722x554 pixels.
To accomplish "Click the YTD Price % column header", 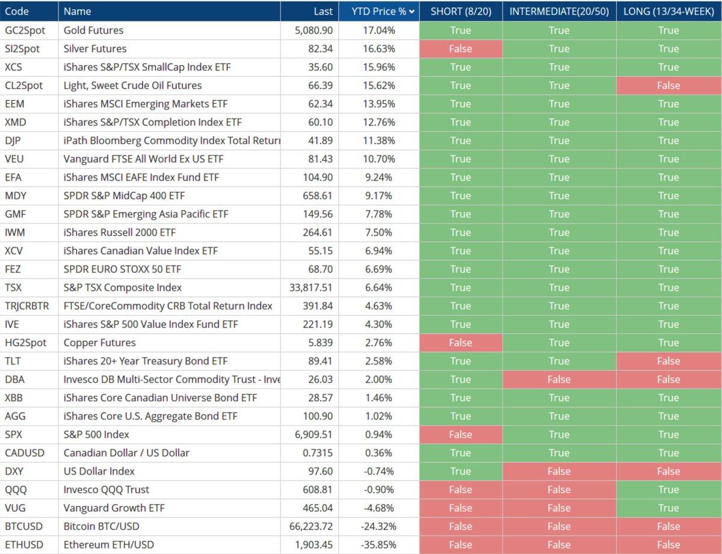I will [378, 11].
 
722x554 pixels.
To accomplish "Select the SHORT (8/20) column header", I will [460, 11].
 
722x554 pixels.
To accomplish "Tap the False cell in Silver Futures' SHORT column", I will [460, 49].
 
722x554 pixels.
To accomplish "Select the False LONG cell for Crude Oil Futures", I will [668, 86].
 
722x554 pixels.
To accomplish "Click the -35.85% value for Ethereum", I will [379, 545].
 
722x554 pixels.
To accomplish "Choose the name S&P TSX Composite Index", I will [123, 287].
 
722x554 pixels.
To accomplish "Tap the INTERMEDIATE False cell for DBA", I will [559, 379].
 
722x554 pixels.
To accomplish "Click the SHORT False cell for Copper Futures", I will [460, 343].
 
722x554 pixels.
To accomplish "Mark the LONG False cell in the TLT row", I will [668, 361].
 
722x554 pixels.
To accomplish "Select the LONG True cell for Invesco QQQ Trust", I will [668, 490].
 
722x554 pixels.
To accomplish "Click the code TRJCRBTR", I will [26, 306].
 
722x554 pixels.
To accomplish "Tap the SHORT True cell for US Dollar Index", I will [460, 472].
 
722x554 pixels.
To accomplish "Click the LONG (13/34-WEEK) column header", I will [668, 11].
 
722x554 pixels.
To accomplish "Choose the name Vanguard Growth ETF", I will [114, 508].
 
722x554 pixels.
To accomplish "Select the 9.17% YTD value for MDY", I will [379, 196].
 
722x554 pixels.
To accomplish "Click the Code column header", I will [17, 11].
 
